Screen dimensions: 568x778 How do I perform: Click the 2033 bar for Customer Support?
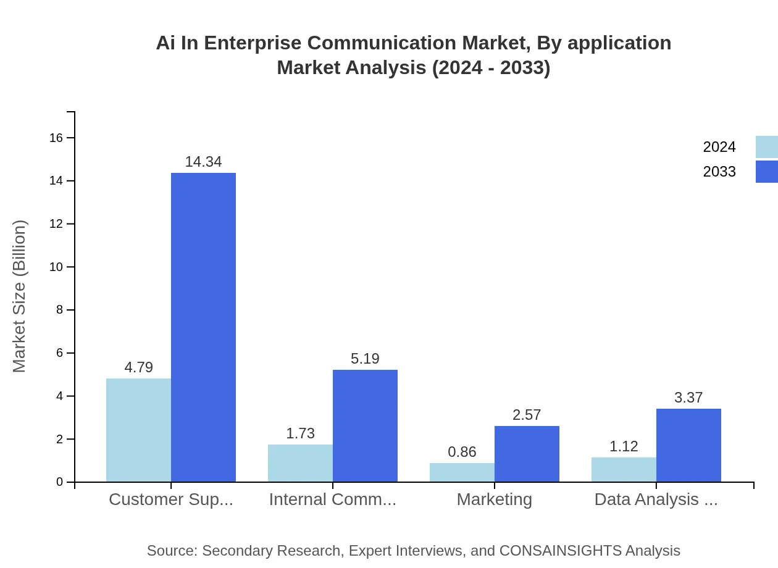pos(203,327)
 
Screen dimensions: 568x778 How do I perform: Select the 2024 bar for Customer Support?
pos(138,430)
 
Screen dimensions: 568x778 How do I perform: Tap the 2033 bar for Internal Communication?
pos(365,426)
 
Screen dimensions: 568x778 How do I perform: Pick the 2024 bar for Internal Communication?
pos(300,463)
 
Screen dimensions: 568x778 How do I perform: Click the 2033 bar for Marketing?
pos(527,454)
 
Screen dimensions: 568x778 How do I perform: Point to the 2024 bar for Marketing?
pos(462,472)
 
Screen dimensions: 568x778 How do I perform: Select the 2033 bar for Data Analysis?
pos(688,445)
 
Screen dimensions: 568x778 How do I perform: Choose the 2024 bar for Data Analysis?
pos(624,470)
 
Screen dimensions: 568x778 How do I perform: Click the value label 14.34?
pos(203,162)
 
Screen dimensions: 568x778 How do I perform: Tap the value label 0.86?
pos(462,452)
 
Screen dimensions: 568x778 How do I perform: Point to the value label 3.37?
pos(688,398)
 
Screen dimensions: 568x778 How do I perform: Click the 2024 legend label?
pos(719,147)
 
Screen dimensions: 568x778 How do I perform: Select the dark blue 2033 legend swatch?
pos(766,172)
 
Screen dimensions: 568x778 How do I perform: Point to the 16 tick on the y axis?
pos(56,138)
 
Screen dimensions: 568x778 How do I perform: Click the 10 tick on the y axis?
pos(56,267)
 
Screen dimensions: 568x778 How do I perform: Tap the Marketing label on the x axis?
pos(494,499)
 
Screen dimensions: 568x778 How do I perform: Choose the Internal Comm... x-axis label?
pos(333,499)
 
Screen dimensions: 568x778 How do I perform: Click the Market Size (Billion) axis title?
pos(20,296)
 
